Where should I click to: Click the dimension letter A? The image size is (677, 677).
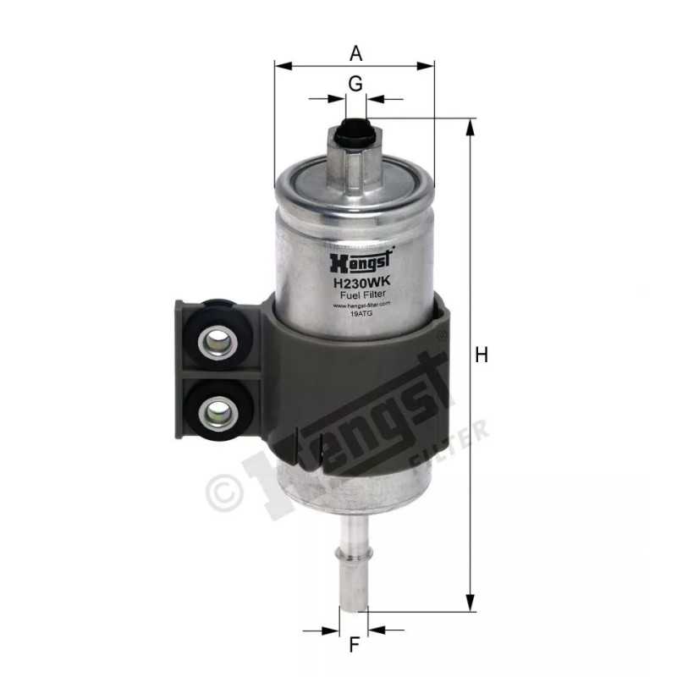point(356,53)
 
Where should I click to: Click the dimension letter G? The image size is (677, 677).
point(355,83)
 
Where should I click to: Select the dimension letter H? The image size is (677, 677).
point(482,356)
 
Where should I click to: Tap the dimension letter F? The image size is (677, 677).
point(355,645)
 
